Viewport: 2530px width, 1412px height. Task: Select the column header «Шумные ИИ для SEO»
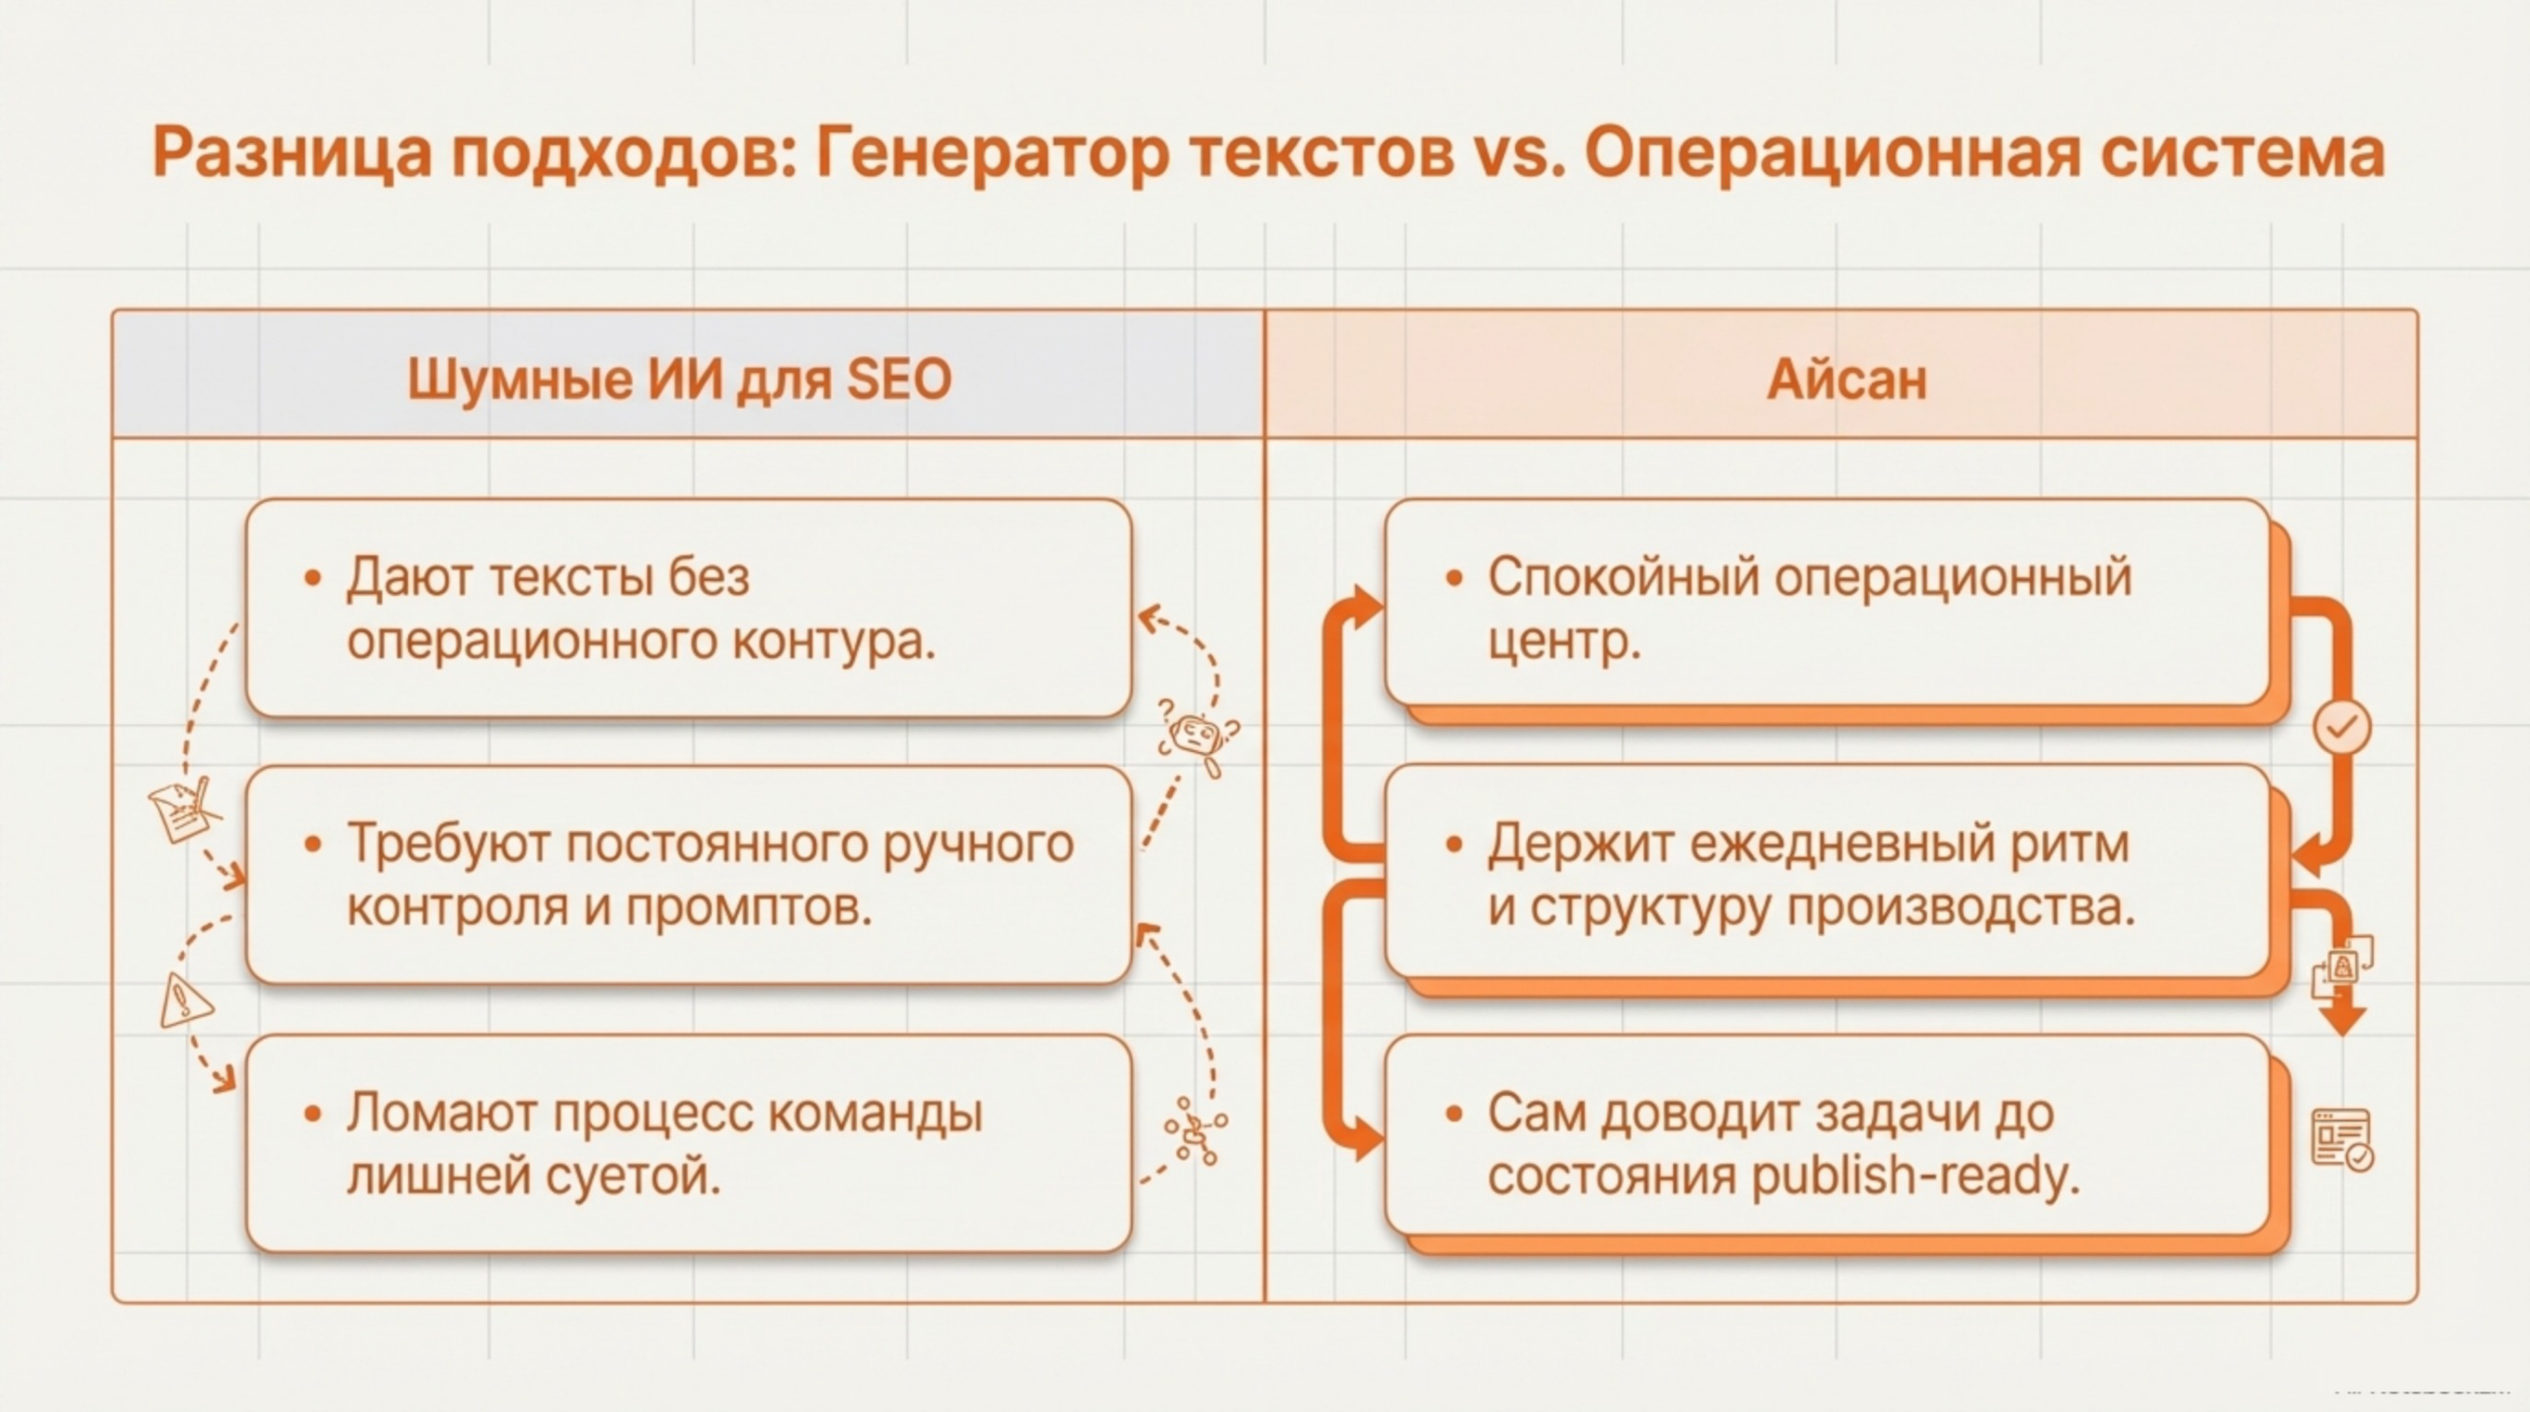pos(679,379)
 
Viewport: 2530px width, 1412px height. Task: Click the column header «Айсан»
pos(1846,379)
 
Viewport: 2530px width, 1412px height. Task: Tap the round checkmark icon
pos(2341,728)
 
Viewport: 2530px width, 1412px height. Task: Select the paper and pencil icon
pos(183,809)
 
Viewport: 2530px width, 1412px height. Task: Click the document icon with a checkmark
pos(2342,1140)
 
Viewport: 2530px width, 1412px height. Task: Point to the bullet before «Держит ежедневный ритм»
pos(1453,845)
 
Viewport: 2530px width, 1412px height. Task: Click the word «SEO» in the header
pos(898,379)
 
